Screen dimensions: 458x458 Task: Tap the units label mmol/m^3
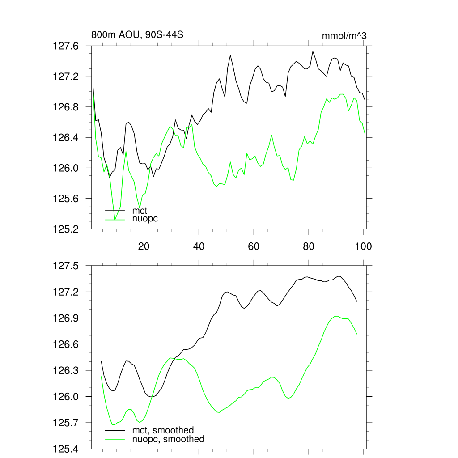pyautogui.click(x=344, y=36)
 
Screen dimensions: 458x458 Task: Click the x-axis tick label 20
pyautogui.click(x=144, y=246)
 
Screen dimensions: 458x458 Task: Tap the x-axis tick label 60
pyautogui.click(x=254, y=246)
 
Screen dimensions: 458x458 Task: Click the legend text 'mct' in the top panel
pyautogui.click(x=140, y=210)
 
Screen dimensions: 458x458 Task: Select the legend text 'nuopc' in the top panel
pyautogui.click(x=145, y=219)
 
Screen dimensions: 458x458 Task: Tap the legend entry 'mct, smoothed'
pyautogui.click(x=163, y=431)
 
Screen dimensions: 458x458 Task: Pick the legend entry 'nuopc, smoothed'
pyautogui.click(x=168, y=439)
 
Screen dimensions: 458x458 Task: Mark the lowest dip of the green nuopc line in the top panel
pyautogui.click(x=115, y=220)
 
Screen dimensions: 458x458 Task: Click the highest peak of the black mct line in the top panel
pyautogui.click(x=313, y=51)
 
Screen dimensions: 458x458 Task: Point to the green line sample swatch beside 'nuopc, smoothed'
pyautogui.click(x=115, y=440)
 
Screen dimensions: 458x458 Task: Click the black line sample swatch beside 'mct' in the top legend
pyautogui.click(x=115, y=211)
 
